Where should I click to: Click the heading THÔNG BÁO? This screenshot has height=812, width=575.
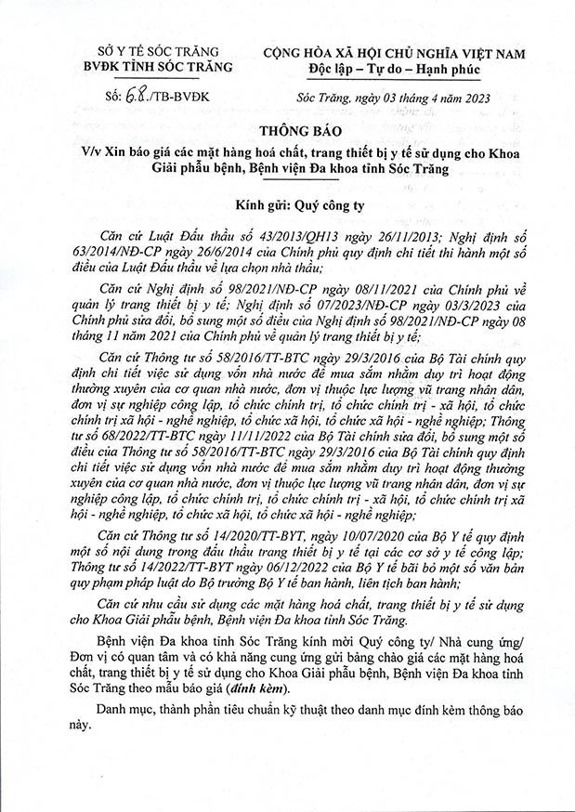click(286, 130)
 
